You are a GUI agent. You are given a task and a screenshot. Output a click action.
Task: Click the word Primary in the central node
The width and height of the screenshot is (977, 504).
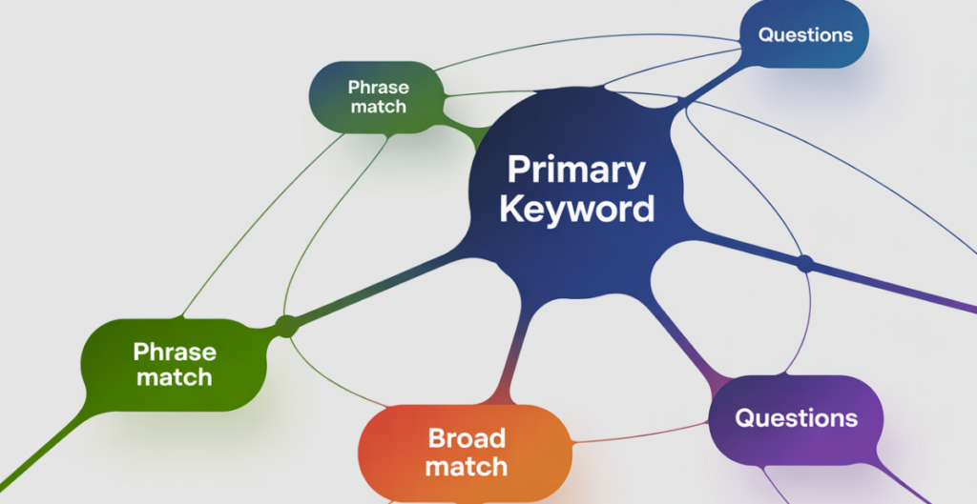point(575,171)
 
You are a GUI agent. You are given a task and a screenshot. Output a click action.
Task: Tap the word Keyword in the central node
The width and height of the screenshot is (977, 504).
point(577,208)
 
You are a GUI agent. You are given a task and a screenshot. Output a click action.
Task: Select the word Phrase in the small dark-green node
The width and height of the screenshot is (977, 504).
point(378,87)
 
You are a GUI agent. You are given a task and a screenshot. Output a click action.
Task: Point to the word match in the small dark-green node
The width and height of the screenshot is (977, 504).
point(378,107)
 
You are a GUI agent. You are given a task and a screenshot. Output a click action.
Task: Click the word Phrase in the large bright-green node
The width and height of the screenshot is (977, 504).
point(175,352)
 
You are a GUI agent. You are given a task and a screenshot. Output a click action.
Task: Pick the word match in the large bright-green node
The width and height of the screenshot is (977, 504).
point(175,376)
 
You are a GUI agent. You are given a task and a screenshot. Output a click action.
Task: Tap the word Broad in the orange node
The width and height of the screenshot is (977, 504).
point(467,440)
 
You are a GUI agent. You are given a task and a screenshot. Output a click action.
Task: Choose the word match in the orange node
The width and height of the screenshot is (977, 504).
point(467,467)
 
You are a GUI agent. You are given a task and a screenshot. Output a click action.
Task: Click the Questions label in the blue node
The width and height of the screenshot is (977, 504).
point(805,35)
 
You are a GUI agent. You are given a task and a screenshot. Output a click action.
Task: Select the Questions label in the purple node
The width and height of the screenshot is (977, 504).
point(796,418)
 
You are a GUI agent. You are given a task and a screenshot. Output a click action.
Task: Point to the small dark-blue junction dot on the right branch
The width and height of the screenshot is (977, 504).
point(805,263)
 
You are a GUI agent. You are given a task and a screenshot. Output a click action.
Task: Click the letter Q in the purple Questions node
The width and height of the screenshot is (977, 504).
point(745,418)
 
